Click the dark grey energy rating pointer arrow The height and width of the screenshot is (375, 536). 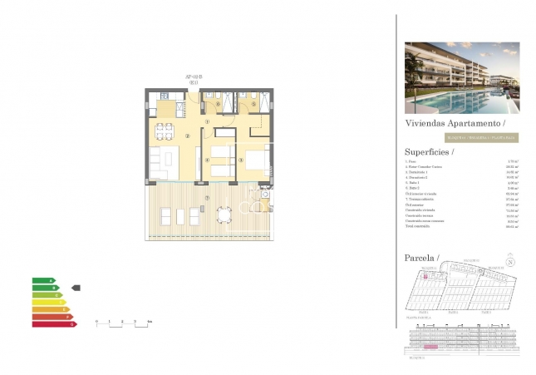click(76, 288)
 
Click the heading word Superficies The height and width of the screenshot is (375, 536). click(429, 152)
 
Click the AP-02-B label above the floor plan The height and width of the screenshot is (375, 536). click(194, 76)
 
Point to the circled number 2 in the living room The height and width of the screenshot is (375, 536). click(189, 136)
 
